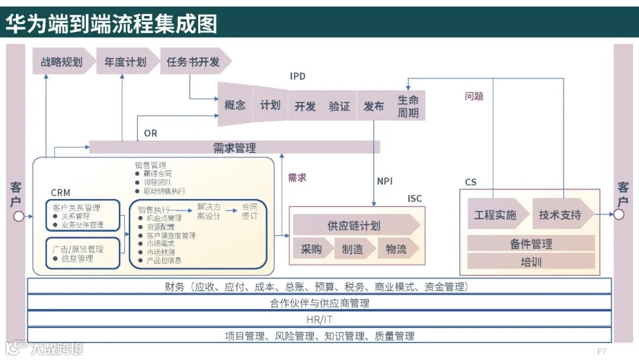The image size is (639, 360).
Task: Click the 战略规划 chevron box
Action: (62, 62)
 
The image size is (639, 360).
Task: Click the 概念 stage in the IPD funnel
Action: (235, 105)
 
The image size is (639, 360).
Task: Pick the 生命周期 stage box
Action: (408, 106)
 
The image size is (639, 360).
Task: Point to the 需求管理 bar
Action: (234, 147)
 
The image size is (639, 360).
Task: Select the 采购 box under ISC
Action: (311, 249)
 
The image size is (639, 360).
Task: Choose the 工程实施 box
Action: (496, 215)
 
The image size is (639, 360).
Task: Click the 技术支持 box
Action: (561, 215)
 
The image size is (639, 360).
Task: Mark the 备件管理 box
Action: (531, 243)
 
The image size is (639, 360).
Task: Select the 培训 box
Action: (531, 262)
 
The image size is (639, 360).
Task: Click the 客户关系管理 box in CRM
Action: (83, 216)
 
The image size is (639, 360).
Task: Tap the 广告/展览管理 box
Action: (83, 253)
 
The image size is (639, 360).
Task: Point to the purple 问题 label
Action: (474, 96)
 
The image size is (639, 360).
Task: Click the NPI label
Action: (385, 181)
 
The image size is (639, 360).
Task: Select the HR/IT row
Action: (319, 319)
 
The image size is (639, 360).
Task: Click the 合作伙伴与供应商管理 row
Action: (319, 303)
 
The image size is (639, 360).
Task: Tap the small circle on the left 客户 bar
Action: (18, 216)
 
